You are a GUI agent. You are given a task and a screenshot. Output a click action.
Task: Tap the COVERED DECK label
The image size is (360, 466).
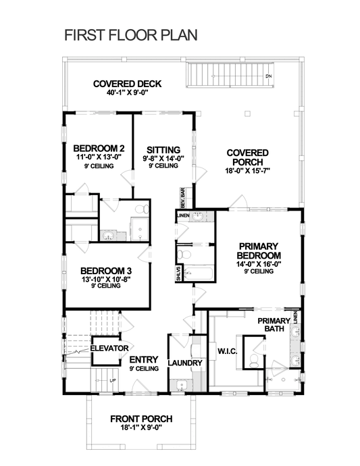pos(128,84)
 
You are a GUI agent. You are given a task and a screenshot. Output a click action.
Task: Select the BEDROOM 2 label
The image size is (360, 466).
pos(99,149)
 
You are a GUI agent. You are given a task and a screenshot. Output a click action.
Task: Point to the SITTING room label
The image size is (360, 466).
pos(163,150)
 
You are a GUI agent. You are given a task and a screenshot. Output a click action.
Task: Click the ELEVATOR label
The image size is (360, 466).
pos(109,348)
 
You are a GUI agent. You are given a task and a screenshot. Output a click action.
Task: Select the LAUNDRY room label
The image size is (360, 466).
pos(184,363)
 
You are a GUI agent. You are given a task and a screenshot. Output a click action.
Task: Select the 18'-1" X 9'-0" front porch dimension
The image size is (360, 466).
pos(141,428)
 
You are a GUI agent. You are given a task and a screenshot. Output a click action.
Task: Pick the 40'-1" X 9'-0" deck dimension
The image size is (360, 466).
pos(128,93)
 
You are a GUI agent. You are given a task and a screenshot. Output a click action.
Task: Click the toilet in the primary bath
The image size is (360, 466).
pos(253,361)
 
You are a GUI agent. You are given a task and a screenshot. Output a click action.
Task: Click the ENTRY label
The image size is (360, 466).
pos(143,359)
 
